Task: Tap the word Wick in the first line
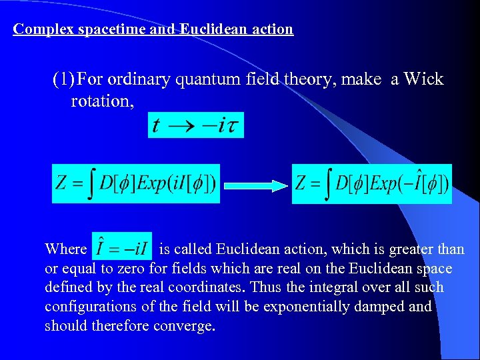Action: point(423,79)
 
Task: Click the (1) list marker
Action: point(63,79)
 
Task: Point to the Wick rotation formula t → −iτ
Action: point(195,125)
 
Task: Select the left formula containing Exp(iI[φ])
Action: point(136,183)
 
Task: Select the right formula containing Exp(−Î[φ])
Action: point(372,183)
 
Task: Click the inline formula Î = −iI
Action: point(121,248)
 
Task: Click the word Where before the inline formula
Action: point(65,249)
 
